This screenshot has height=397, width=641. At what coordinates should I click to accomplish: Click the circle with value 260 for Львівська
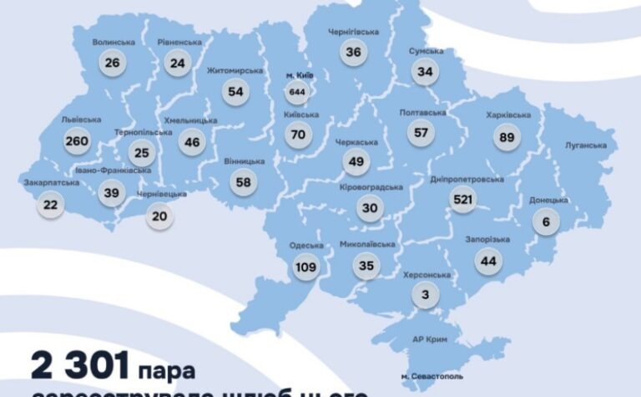coord(76,141)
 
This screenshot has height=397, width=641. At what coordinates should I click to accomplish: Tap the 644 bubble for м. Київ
coord(297,90)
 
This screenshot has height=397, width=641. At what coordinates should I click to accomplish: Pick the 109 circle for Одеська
coord(306,267)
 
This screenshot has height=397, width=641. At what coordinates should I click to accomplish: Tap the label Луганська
coord(585,145)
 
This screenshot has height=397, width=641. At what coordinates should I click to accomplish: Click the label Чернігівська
coord(351,32)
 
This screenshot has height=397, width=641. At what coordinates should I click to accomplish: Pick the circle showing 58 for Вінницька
coord(243,181)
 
